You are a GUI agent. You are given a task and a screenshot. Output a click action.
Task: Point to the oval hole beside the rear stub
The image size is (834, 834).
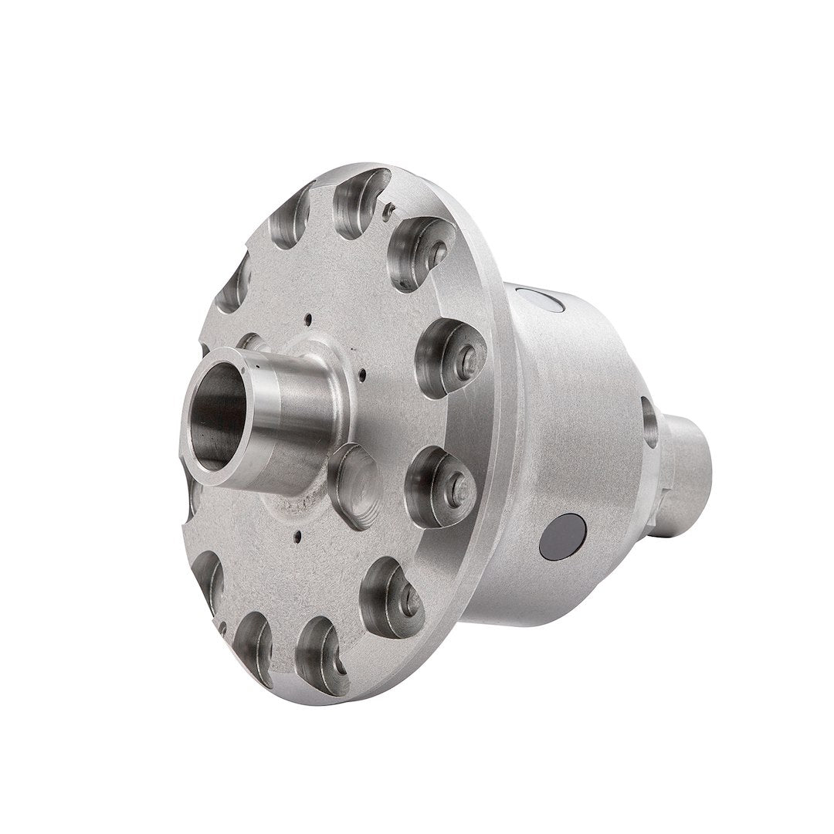649,422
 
